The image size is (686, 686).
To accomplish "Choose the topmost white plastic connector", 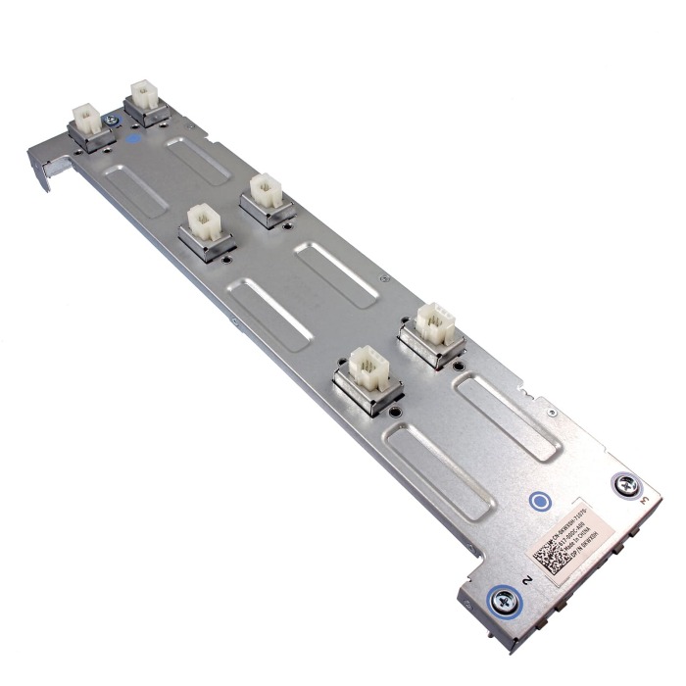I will tap(145, 97).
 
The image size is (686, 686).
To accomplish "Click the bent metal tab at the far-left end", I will tap(39, 167).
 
